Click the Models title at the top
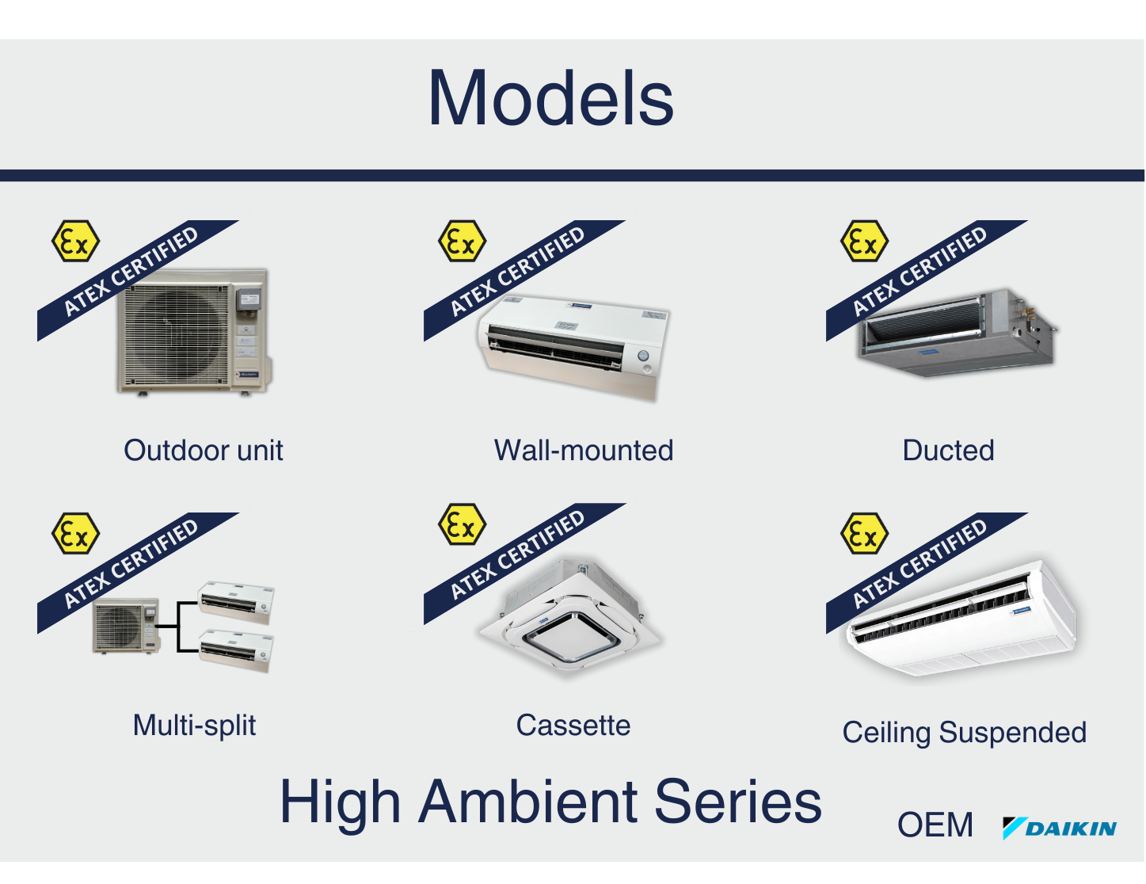[x=550, y=98]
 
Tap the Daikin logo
[x=1059, y=828]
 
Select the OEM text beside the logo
[x=935, y=825]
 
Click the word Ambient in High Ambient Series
[x=529, y=801]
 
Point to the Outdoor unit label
[x=204, y=450]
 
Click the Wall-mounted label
[x=584, y=450]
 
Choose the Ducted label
[x=948, y=450]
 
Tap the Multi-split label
[x=194, y=726]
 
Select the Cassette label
[x=573, y=725]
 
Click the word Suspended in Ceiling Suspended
[x=1013, y=733]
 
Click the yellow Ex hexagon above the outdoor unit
[x=76, y=241]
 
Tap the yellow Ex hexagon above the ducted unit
[x=864, y=241]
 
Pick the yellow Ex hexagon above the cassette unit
[x=463, y=524]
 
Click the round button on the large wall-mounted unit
[x=643, y=356]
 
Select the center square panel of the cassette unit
[x=570, y=636]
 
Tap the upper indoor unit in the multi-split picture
[x=236, y=603]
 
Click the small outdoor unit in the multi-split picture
[x=125, y=626]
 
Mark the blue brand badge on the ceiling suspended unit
[x=1021, y=610]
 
